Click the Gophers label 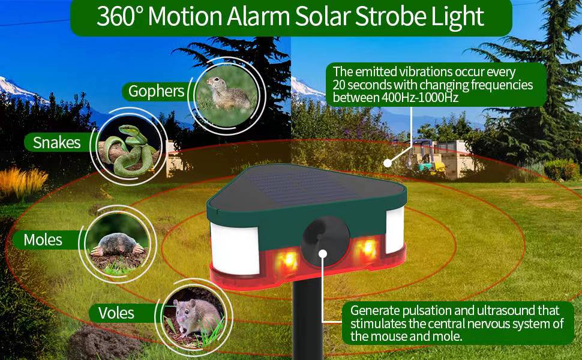coord(156,91)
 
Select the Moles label coord(43,240)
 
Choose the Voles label coord(116,313)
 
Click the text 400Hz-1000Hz coord(420,98)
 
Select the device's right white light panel coord(394,230)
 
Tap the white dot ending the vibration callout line coord(388,162)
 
